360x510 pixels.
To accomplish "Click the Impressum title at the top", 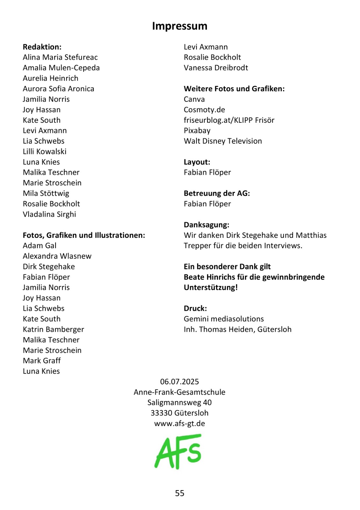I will (180, 26).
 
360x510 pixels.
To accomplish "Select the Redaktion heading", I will (42, 47).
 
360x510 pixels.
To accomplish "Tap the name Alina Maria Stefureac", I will (60, 57).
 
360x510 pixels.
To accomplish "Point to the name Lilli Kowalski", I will (45, 151).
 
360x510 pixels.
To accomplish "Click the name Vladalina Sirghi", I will (49, 214).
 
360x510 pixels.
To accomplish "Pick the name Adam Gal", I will (40, 246).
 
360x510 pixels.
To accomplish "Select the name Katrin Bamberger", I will (54, 329).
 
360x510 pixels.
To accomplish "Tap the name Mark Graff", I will (42, 361).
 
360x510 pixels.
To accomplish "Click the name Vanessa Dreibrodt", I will (216, 68).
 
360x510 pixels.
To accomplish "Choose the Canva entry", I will (194, 99).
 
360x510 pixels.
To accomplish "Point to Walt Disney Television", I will (223, 141).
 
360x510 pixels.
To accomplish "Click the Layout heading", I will (197, 162).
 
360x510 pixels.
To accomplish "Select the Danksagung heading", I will (207, 225).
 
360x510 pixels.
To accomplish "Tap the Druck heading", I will (195, 308).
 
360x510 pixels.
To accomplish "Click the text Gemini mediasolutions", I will (224, 319).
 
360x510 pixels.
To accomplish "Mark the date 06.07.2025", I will (180, 382).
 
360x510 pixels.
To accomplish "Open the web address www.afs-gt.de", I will (180, 424).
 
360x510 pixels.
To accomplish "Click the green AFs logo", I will (178, 451).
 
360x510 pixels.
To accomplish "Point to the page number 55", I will (180, 493).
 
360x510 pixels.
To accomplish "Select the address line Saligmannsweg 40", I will (180, 403).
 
